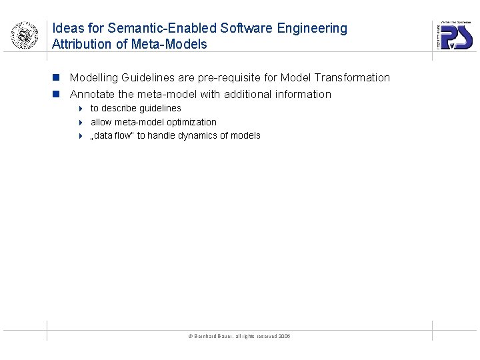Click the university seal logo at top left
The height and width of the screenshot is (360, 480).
pos(24,35)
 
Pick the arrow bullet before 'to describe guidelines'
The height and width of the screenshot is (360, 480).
pos(79,109)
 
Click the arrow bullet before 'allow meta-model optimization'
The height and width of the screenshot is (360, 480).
pos(79,123)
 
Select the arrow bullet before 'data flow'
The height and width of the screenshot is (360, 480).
pos(79,136)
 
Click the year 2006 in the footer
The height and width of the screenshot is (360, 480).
pos(284,337)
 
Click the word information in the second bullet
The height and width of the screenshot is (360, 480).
pos(303,95)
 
